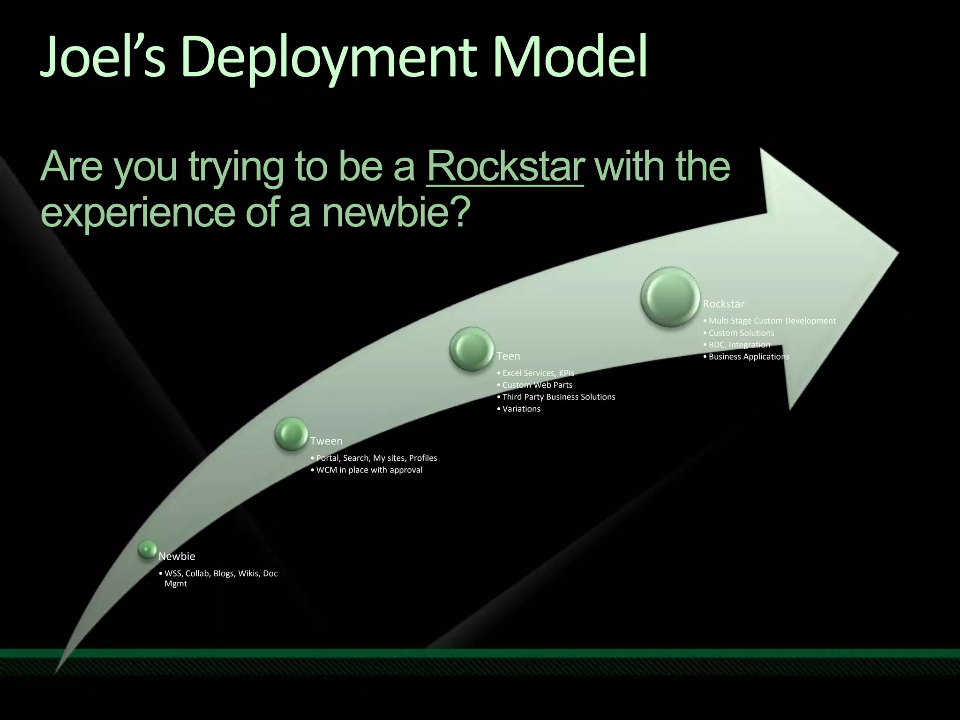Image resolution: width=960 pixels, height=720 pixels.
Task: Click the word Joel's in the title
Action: coord(103,58)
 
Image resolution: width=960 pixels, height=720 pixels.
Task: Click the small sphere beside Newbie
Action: coord(147,549)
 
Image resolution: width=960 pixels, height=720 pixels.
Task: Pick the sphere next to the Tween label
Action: coord(291,434)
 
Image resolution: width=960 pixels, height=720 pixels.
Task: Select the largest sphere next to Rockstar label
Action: coord(670,296)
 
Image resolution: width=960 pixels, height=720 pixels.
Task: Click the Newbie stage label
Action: coord(177,556)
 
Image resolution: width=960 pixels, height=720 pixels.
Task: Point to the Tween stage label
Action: coord(326,441)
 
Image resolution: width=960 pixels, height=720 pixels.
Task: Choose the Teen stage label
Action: coord(508,356)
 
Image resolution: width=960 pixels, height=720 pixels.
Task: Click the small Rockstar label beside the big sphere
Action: coord(723,304)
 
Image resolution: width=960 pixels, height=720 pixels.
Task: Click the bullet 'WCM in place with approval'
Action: coord(369,470)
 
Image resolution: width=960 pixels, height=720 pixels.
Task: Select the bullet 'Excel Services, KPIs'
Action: coord(538,373)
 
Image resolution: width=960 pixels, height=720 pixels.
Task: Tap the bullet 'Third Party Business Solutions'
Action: coord(558,397)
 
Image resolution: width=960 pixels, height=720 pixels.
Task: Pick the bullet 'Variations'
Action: coord(521,409)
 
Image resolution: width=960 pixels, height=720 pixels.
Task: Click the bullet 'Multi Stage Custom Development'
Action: coord(772,321)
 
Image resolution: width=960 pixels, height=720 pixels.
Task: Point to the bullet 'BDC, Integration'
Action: coord(739,345)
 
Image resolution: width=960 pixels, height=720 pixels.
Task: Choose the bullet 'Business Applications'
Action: coord(749,357)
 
